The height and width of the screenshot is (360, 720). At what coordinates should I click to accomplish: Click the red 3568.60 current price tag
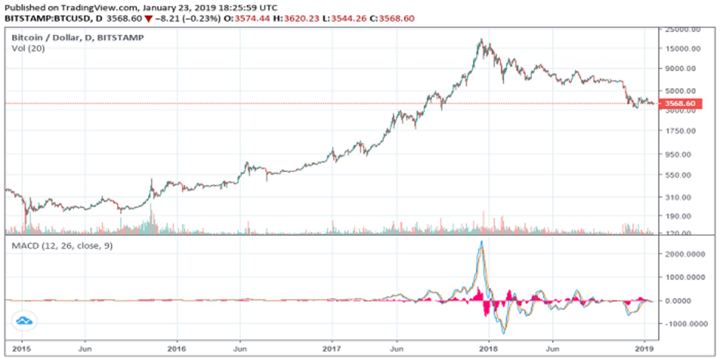[679, 103]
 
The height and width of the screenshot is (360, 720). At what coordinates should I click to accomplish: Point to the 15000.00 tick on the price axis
[682, 49]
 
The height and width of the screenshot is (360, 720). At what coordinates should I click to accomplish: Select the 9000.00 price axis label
[680, 69]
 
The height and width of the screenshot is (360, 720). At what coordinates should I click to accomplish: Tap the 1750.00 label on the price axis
[680, 131]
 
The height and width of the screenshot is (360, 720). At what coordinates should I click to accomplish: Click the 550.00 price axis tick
[678, 175]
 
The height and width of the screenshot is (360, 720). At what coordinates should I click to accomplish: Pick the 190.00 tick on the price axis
[678, 216]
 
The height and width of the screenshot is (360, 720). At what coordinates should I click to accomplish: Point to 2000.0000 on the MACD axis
[685, 254]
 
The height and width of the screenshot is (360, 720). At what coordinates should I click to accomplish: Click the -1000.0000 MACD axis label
[686, 324]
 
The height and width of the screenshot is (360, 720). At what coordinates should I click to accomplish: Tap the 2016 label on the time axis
[177, 349]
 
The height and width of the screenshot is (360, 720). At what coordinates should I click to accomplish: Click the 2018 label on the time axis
[488, 349]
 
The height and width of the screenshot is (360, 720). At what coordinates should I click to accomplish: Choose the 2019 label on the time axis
[644, 349]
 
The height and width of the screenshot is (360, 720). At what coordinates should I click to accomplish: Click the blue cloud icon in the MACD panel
[24, 321]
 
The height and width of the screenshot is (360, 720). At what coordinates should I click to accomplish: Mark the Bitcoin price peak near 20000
[481, 39]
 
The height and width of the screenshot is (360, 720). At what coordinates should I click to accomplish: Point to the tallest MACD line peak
[481, 242]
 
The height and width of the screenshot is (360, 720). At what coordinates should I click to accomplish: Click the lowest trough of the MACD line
[504, 333]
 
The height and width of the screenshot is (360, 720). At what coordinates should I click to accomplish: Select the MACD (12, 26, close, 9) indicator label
[62, 246]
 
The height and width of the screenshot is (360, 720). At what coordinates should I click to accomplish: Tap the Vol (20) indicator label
[28, 48]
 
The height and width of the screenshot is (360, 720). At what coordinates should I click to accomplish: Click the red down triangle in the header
[148, 19]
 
